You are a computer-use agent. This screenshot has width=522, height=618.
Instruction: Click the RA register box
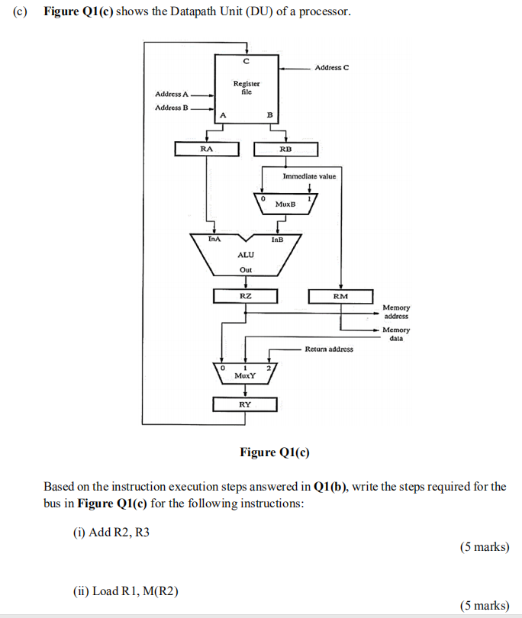coord(206,149)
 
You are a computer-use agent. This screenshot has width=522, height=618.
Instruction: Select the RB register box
coord(285,149)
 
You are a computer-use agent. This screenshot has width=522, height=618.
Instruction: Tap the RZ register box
coord(245,295)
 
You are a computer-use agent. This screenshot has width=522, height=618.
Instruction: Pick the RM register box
coord(340,295)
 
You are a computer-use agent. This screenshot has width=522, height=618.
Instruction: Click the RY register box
coord(245,404)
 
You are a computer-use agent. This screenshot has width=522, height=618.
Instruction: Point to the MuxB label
coord(285,204)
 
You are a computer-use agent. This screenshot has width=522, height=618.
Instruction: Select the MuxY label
coord(245,375)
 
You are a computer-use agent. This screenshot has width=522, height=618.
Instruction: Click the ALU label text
coord(245,256)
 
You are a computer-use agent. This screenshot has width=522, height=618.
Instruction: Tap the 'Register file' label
coord(246,87)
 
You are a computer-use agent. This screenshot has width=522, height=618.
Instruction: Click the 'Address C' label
coord(332,68)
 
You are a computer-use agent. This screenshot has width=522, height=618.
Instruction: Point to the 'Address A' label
coord(172,94)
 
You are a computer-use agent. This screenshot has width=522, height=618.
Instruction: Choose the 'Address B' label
coord(172,108)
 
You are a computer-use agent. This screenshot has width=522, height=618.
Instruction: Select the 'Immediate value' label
coord(309,176)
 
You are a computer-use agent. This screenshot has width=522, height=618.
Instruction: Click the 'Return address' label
coord(329,349)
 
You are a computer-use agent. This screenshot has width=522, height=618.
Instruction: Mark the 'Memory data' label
coord(396,333)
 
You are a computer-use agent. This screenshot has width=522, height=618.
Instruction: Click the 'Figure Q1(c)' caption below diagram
coord(275,452)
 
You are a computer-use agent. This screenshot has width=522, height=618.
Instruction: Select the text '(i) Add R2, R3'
coord(111,533)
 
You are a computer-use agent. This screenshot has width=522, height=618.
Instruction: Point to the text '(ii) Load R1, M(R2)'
coord(125,591)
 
